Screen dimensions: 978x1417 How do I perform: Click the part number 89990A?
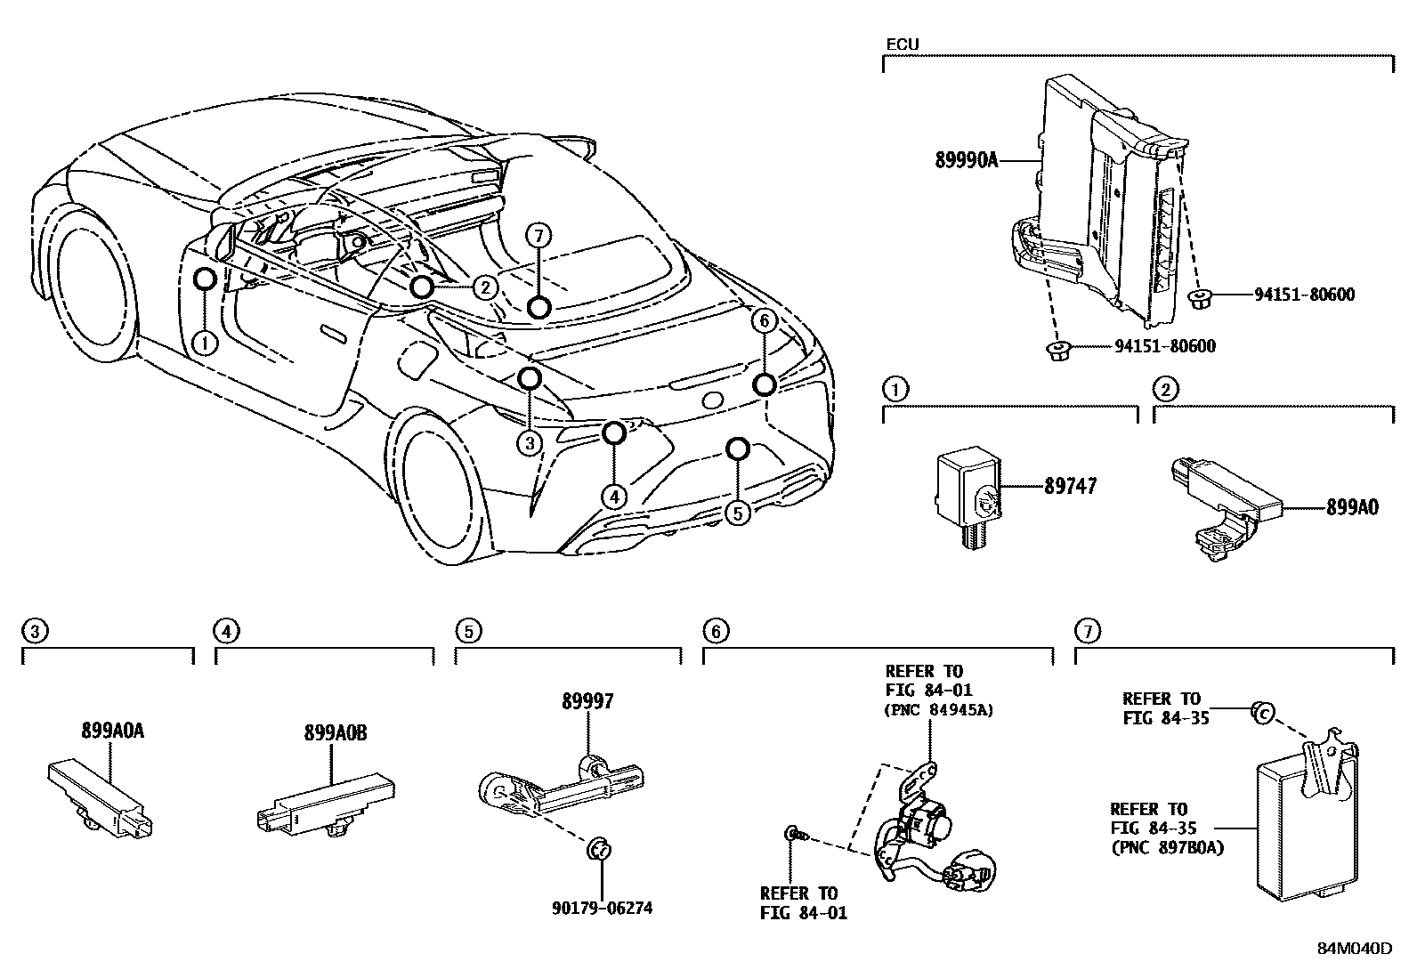(967, 161)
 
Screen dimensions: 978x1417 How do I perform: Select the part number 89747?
(1070, 486)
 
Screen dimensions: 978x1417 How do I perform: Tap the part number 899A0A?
(112, 731)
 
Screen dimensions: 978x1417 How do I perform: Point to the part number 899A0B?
(336, 733)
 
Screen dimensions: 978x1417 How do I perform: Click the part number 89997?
(587, 701)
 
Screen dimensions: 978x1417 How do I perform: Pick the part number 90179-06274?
(601, 909)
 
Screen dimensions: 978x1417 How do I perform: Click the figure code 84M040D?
(1355, 949)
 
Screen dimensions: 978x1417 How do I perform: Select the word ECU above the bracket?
(903, 44)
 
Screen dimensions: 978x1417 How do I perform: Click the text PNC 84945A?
(939, 710)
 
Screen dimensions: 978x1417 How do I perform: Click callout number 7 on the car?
(538, 236)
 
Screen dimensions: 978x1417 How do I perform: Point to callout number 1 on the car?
(205, 342)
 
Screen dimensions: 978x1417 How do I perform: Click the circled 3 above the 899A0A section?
(34, 632)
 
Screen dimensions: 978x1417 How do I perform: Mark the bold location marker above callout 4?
(614, 433)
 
